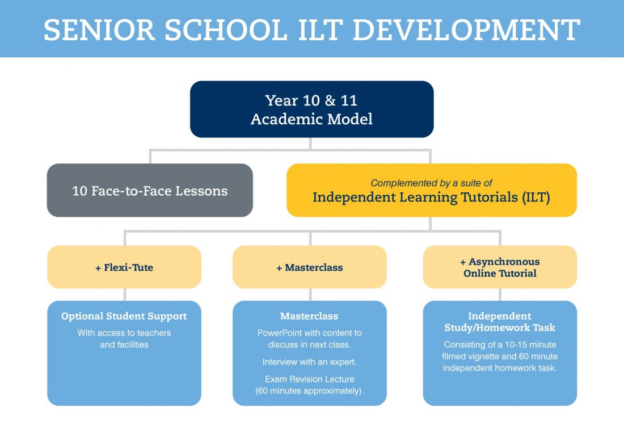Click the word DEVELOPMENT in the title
coord(466,30)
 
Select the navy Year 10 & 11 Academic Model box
coord(311,109)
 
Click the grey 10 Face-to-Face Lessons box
coord(150,190)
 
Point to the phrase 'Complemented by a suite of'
coord(431,183)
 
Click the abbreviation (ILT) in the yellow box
coord(536,198)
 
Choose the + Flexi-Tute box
coord(124,267)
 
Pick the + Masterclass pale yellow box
coord(310,267)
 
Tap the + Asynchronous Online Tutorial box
coord(500,267)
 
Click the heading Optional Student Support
coord(124,316)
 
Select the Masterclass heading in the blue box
coord(309,316)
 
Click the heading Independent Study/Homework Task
coord(500,322)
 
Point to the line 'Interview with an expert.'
coord(310,362)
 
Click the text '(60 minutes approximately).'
coord(310,391)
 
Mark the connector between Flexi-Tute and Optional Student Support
coord(125,295)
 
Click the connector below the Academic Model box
coord(310,144)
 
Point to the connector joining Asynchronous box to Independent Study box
coord(500,295)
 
